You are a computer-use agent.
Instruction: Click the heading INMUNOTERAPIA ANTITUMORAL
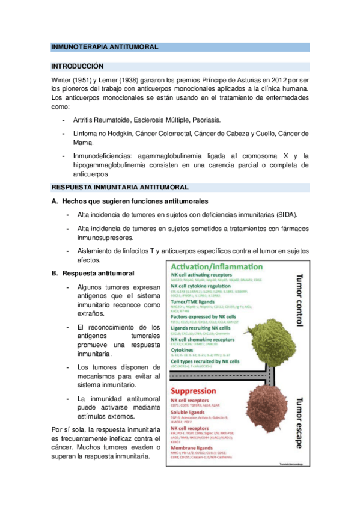click(x=105, y=46)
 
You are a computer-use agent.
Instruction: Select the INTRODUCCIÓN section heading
click(x=78, y=66)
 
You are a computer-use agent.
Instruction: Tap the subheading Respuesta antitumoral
click(x=102, y=274)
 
